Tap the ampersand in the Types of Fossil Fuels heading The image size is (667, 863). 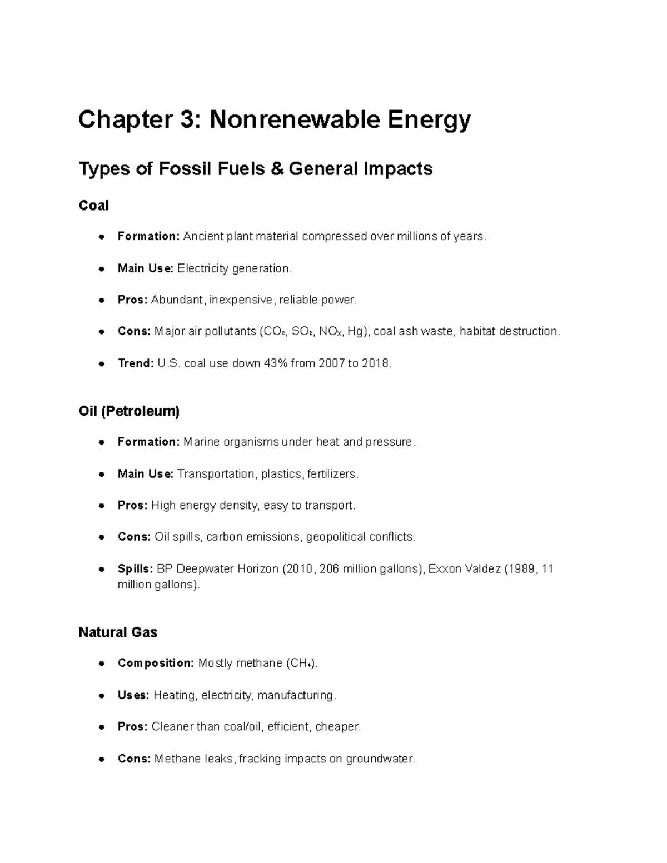(276, 168)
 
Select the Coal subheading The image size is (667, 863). (93, 206)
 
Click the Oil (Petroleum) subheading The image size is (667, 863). (129, 411)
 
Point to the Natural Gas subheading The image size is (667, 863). (118, 632)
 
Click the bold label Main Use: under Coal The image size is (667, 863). (146, 268)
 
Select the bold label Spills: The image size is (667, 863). (135, 569)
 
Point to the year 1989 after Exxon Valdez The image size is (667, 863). (522, 569)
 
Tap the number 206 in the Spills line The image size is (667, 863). (330, 569)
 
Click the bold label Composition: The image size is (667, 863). (156, 663)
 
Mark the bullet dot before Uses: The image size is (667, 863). (101, 696)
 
